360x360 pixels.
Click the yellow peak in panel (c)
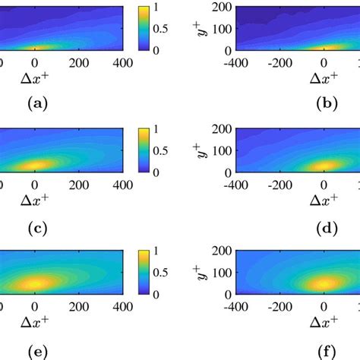point(36,165)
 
